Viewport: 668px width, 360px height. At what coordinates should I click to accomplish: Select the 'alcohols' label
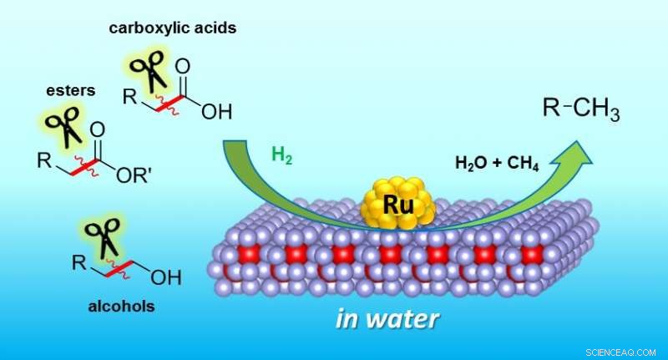(x=121, y=306)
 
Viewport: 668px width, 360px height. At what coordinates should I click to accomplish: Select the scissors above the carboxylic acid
(x=149, y=68)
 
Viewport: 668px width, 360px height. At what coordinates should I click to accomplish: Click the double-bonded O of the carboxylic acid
(x=183, y=65)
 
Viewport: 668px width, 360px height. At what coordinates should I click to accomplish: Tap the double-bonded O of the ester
(x=98, y=129)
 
